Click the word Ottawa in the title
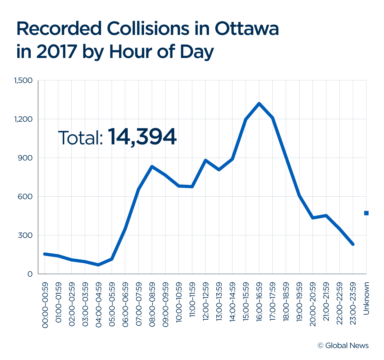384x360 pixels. [247, 29]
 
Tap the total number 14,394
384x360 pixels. [142, 137]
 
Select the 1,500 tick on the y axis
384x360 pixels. [23, 80]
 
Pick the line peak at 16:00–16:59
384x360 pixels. [259, 103]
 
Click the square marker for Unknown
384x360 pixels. [366, 213]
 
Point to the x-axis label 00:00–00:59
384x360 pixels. [45, 305]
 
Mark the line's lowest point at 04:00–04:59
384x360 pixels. [98, 265]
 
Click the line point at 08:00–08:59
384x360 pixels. [152, 167]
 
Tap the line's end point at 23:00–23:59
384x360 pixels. [353, 244]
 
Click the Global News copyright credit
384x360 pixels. [343, 346]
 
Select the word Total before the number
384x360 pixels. [80, 138]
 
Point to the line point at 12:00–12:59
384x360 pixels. [205, 160]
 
